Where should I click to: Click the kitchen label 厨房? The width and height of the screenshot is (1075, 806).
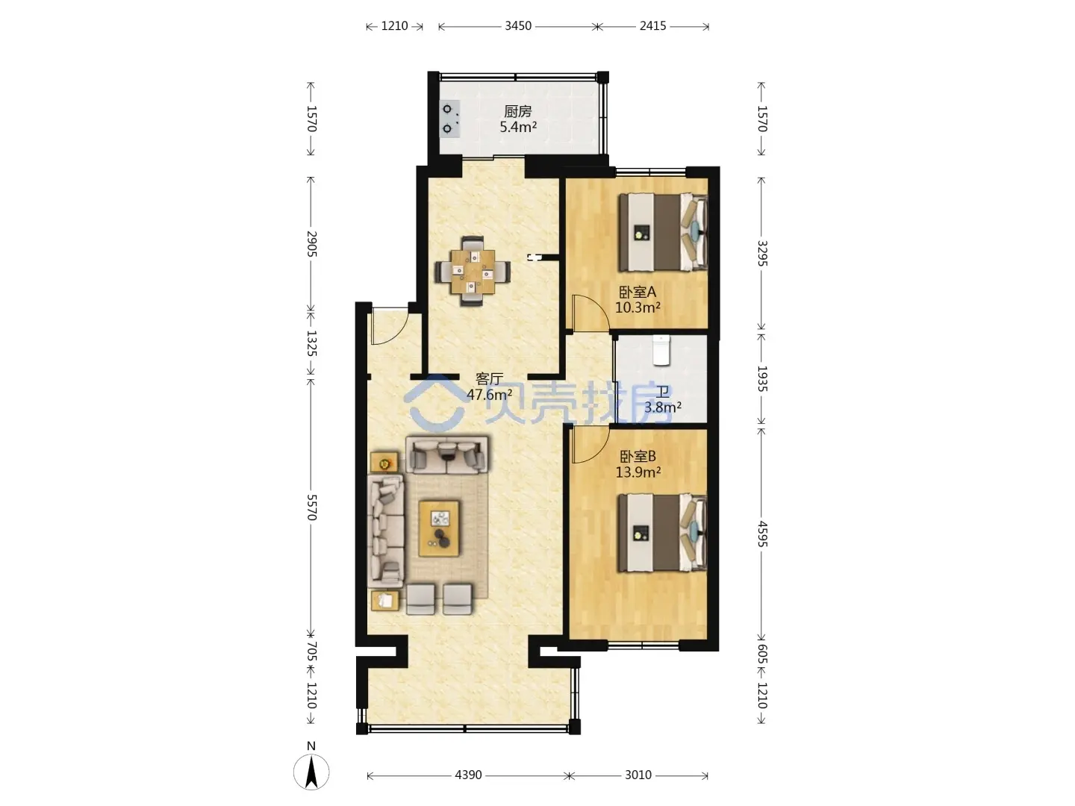tap(517, 112)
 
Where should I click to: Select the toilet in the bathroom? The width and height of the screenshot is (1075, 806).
tap(661, 350)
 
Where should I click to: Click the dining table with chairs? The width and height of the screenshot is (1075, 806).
tap(473, 271)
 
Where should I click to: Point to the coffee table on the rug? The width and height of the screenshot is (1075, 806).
tap(439, 528)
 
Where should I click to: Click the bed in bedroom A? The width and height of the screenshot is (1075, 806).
tap(663, 232)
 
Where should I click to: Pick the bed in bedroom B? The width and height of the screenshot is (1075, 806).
tap(663, 532)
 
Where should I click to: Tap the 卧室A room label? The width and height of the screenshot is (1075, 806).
tap(638, 292)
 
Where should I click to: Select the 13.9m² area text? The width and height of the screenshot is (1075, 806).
tap(638, 472)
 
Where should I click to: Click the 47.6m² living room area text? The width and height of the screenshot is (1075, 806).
tap(490, 394)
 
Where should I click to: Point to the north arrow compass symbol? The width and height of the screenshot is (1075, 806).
tap(311, 772)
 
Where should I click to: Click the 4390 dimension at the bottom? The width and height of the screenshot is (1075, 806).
tap(468, 775)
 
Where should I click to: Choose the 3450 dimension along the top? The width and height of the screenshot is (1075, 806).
tap(518, 26)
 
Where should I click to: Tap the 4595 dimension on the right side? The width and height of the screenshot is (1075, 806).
tap(762, 534)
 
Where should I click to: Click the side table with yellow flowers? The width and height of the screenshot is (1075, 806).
tap(384, 462)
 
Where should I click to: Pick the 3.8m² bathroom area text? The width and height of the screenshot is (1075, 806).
tap(663, 407)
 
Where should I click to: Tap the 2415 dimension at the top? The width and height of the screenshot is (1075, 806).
tap(652, 26)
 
